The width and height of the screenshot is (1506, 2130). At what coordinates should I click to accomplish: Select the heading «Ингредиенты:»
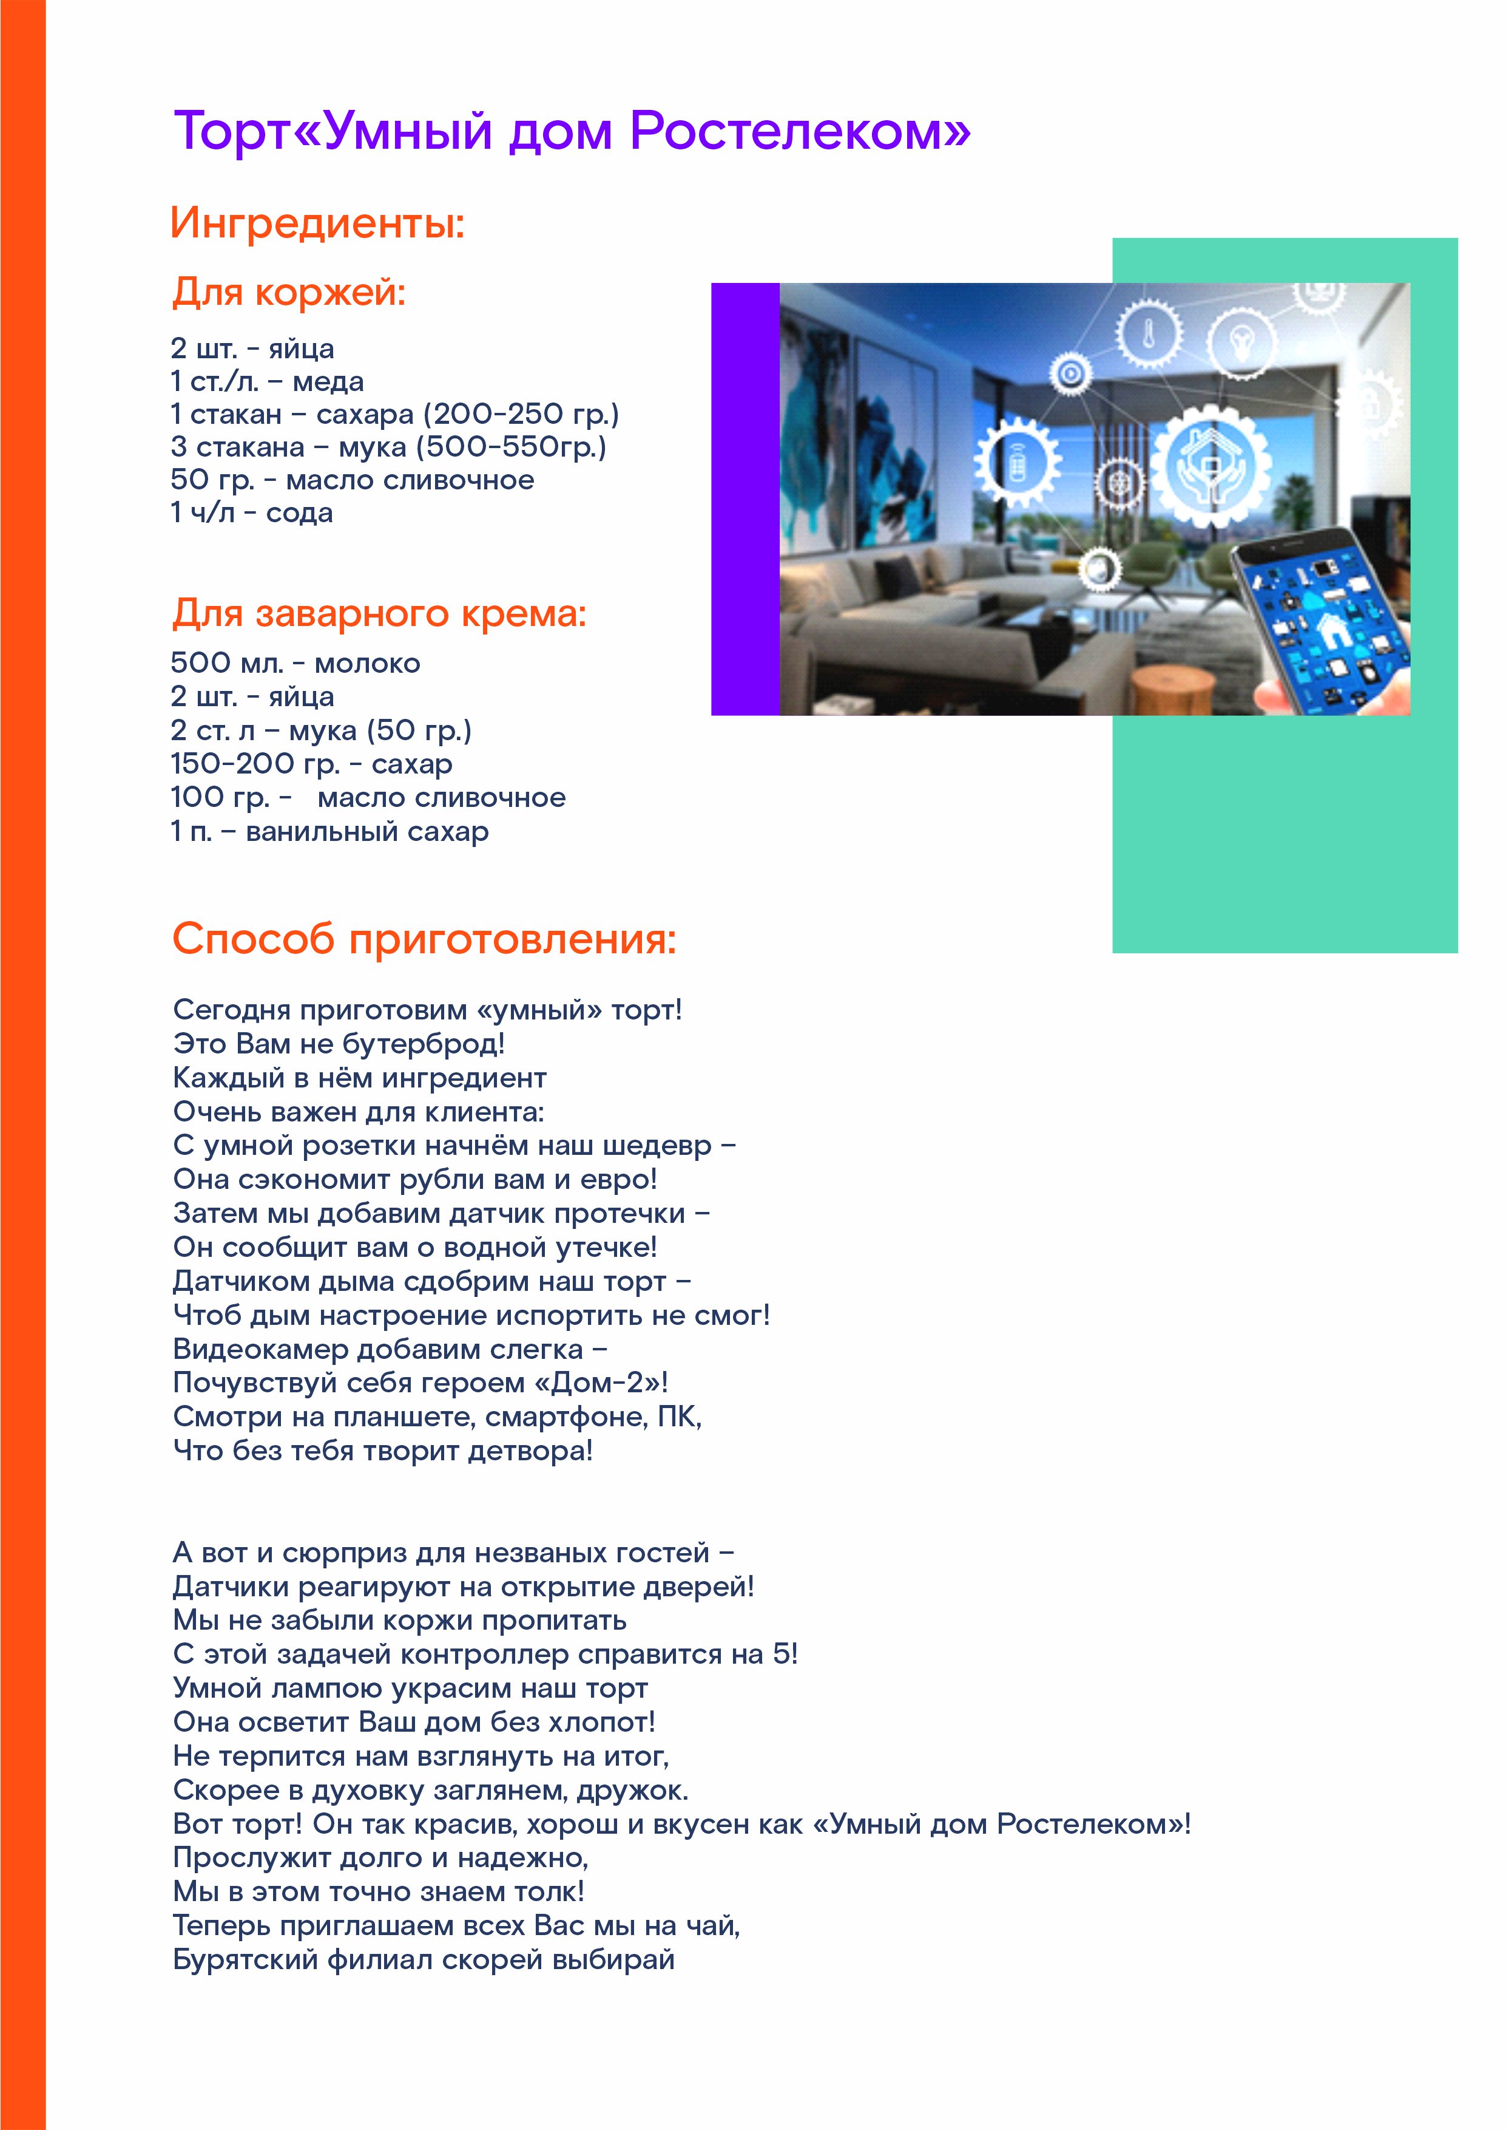(x=317, y=223)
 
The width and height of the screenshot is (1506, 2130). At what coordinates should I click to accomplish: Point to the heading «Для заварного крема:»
(x=379, y=613)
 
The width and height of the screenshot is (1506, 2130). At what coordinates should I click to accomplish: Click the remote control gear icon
(x=1018, y=461)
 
